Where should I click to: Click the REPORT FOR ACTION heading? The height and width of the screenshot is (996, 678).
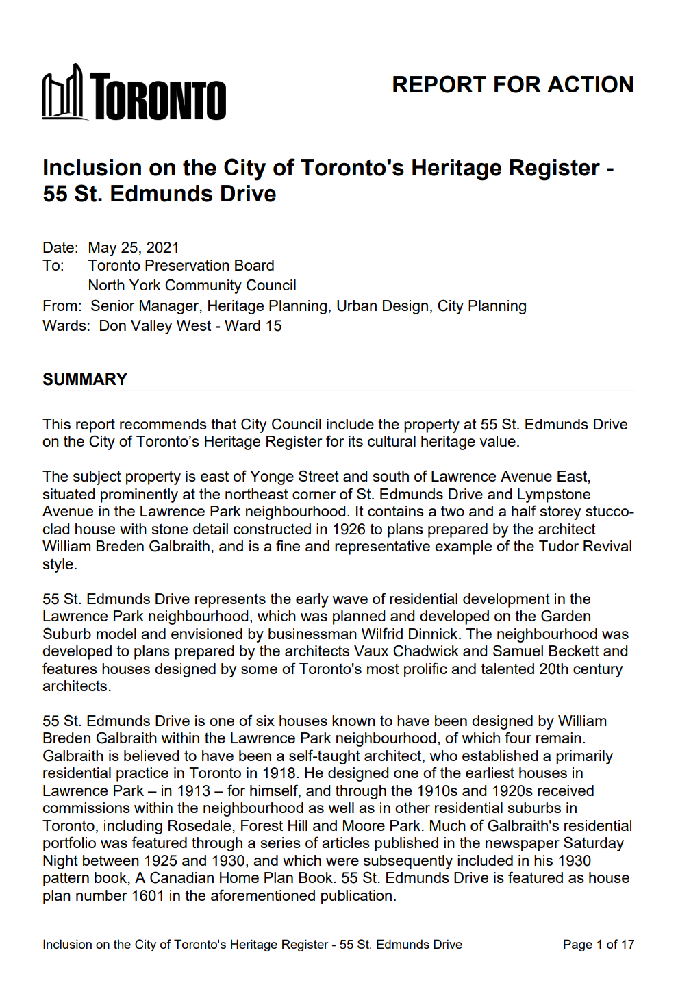coord(512,85)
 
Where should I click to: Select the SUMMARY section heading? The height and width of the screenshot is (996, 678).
coord(85,379)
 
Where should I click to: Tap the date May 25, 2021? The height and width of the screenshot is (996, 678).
coord(134,248)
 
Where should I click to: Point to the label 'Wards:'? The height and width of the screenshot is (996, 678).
coord(66,326)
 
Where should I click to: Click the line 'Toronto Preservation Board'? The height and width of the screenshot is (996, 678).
coord(181,266)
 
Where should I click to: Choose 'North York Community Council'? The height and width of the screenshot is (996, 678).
coord(192,286)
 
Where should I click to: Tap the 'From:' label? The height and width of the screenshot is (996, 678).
coord(62,306)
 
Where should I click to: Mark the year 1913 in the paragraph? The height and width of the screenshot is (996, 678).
coord(193,791)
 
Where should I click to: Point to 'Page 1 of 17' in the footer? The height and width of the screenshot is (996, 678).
coord(598,945)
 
